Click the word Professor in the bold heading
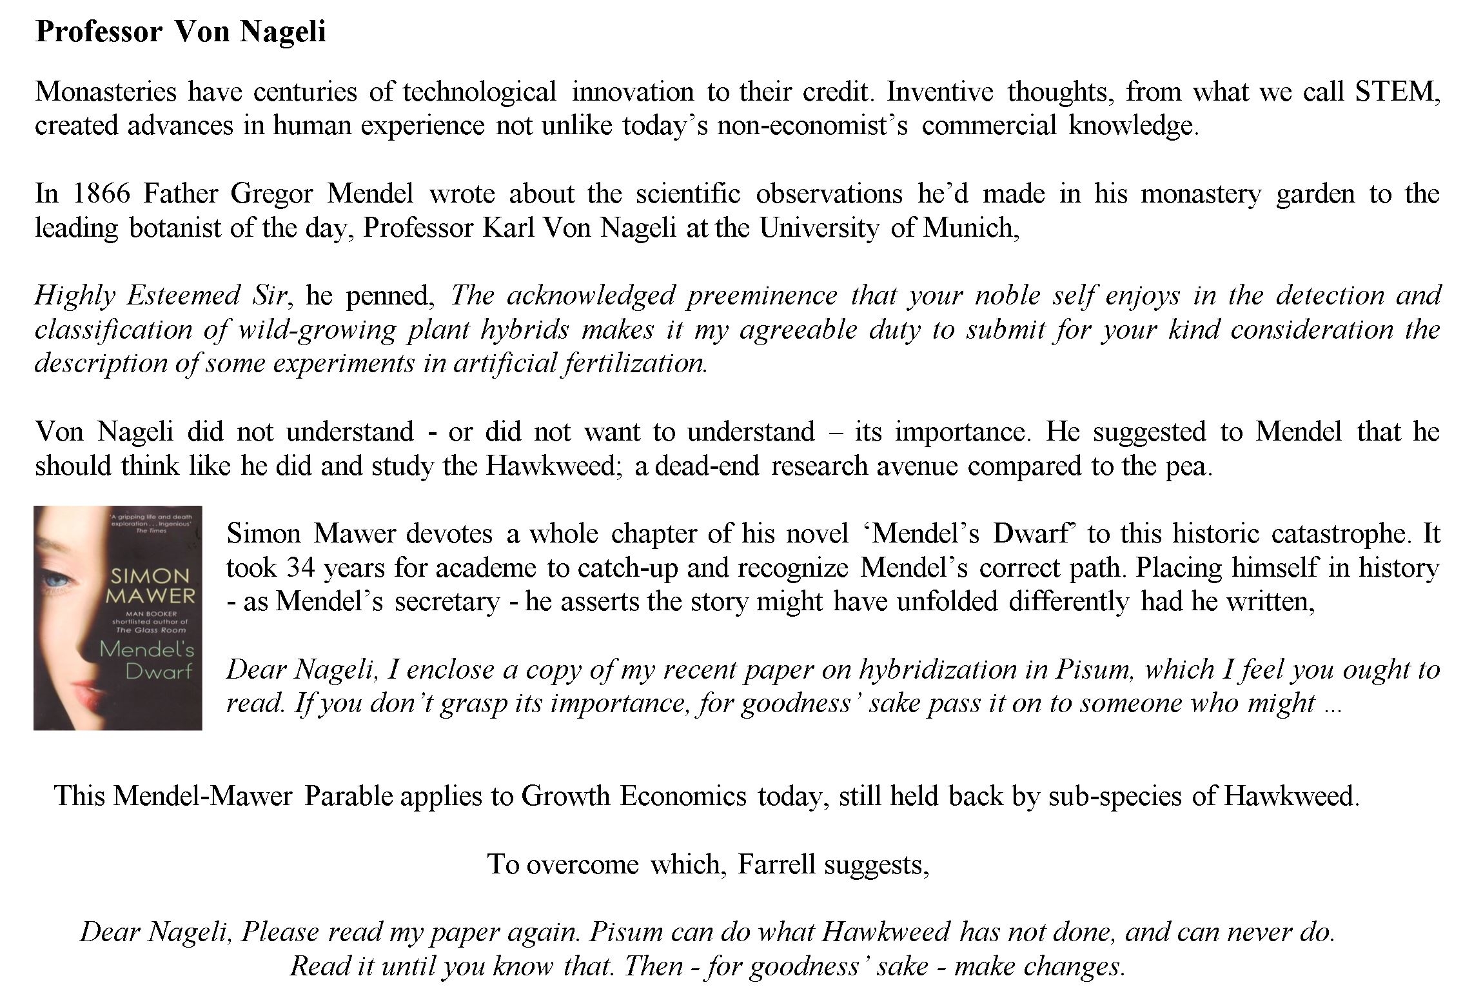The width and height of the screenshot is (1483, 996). tap(98, 32)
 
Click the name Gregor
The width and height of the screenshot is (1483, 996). tap(271, 194)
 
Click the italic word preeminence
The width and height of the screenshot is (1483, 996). tap(761, 295)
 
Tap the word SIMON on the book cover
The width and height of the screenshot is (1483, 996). tap(150, 575)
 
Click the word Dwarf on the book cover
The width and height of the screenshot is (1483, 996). tap(159, 672)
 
